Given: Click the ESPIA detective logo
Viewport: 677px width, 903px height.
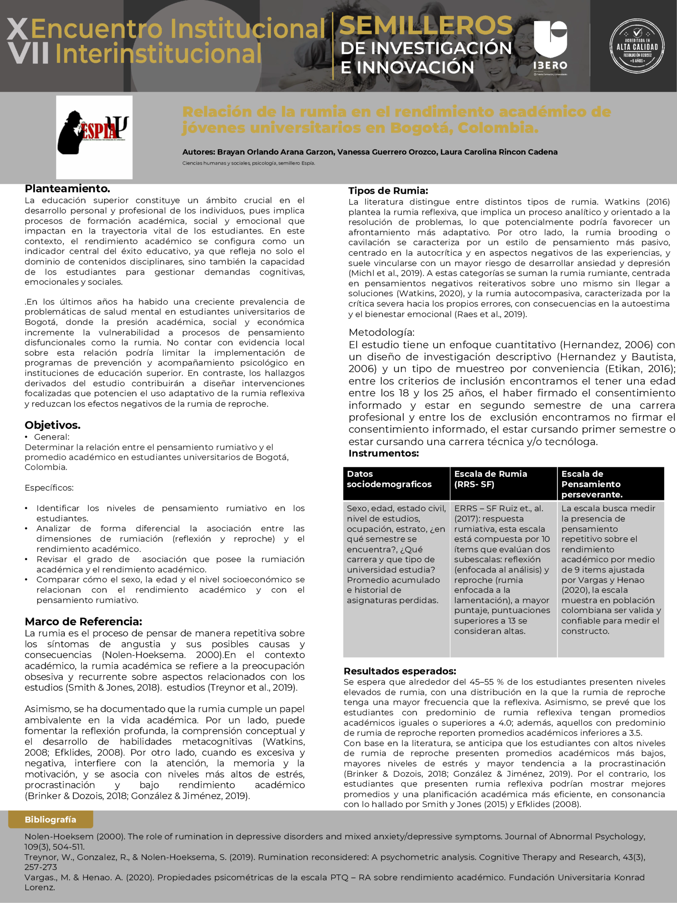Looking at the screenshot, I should coord(94,137).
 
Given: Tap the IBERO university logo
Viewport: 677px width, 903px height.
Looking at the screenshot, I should coord(550,46).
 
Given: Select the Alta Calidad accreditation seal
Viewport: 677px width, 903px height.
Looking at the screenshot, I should coord(637,46).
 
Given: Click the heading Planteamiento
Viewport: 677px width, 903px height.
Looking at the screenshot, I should coord(67,189).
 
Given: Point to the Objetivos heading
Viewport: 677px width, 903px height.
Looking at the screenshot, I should coord(53,425).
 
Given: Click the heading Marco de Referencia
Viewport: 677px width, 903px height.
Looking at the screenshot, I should coord(83,621).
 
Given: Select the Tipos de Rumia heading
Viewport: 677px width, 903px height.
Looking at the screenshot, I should coord(388,190).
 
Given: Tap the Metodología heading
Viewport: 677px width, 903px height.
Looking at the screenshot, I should coord(382,332).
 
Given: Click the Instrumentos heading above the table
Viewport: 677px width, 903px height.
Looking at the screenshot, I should coord(384,453).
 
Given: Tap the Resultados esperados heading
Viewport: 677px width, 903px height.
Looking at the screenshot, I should coord(400,671).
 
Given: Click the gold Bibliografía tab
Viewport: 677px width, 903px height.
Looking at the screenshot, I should coord(50,819).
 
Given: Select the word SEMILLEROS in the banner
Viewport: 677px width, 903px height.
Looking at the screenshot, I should coord(426,25).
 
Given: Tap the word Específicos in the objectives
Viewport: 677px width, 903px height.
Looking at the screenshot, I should coord(49,488).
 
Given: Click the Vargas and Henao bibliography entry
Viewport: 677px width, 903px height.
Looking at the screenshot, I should coord(334,882).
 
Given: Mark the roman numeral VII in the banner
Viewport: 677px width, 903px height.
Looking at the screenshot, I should coord(28,54).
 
